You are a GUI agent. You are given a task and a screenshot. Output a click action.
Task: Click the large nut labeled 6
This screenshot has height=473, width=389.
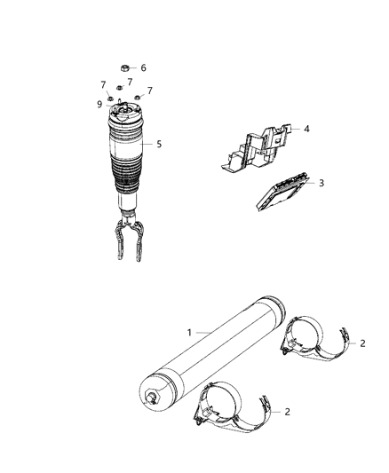[125, 67]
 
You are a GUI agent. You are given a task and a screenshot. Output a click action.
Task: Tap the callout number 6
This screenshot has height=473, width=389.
[143, 67]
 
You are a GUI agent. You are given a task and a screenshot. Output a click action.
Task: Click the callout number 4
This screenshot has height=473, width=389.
[306, 129]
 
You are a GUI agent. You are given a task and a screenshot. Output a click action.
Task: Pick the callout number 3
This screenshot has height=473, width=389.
[321, 183]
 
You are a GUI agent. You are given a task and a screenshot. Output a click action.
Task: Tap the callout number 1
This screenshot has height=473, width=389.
[188, 332]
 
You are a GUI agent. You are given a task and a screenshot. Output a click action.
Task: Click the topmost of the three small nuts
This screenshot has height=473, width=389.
[119, 89]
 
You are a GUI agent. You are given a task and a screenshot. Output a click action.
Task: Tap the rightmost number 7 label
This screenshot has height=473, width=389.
[149, 91]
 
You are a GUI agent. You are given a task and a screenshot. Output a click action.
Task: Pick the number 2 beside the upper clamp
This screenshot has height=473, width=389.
[361, 342]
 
